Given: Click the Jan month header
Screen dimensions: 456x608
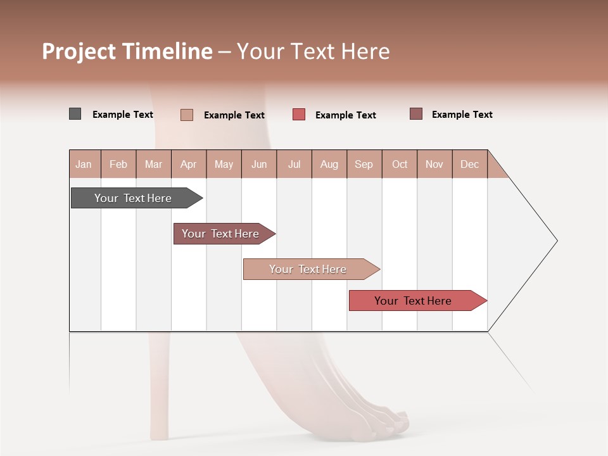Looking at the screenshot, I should [84, 164].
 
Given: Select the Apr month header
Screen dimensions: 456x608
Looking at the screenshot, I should [188, 164].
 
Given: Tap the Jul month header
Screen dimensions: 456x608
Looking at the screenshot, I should [294, 164].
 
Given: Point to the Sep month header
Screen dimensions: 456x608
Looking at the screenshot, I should [364, 164].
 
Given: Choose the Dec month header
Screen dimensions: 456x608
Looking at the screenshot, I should [469, 164].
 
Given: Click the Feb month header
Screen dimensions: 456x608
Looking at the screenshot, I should [118, 164].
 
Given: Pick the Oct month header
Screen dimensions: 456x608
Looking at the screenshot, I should [400, 164].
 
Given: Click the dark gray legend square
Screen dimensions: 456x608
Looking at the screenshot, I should [75, 114].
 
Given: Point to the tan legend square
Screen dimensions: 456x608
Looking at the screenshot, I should [187, 115].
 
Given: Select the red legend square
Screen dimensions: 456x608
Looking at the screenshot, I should [299, 115].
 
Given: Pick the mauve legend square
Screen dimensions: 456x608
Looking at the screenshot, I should [416, 114].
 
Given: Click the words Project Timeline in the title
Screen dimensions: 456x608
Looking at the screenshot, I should [127, 51].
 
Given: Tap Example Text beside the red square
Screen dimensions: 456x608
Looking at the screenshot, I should [346, 115].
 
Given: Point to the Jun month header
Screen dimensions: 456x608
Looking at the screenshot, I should [259, 164].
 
